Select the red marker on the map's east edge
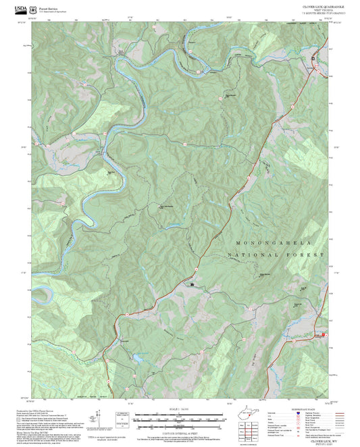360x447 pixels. [325, 334]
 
